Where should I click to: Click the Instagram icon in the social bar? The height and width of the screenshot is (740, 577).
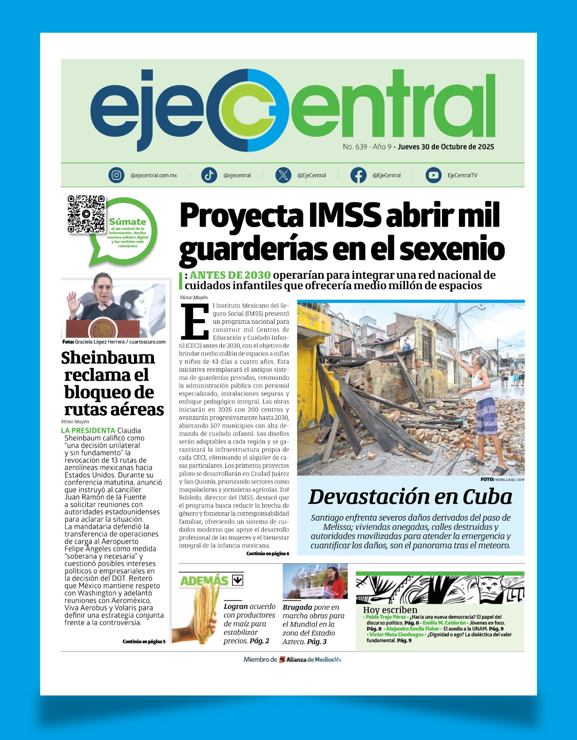pos(117,175)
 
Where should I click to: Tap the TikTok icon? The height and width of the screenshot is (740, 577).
pos(209,175)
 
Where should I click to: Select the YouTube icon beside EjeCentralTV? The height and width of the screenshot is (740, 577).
pos(433,175)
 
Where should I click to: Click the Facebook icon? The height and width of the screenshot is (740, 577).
pos(358,175)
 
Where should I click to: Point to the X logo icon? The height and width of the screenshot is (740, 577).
pos(283,175)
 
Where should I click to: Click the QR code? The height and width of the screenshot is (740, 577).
pos(86,214)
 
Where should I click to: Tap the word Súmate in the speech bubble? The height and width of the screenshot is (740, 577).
pos(127,221)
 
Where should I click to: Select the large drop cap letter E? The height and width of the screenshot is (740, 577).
pos(195,322)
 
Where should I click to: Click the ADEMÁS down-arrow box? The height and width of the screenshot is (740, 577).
pos(237,580)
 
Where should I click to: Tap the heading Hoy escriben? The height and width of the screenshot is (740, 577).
pos(390,610)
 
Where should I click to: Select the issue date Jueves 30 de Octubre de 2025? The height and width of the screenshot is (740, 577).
pos(446,147)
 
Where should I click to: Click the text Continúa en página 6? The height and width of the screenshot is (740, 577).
pos(267,553)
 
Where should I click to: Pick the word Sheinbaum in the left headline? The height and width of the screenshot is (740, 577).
pos(108,358)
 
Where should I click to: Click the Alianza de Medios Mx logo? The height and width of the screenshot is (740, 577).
pos(310,659)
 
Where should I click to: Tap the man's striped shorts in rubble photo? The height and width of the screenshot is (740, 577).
pos(486,416)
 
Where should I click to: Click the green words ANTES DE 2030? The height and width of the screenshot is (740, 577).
pos(230,275)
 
